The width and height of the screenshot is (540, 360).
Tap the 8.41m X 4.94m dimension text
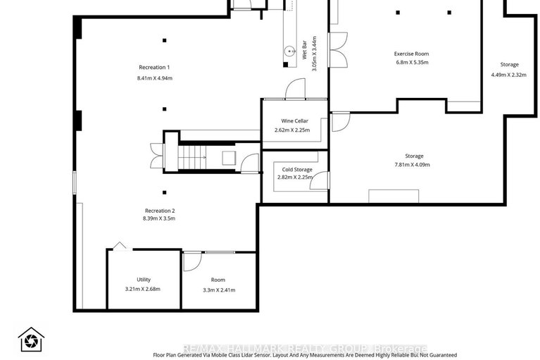155,77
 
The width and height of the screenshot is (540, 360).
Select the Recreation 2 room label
160,211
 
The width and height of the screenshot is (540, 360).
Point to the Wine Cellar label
295,120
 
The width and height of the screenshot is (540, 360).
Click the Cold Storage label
297,170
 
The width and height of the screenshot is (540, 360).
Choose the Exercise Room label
411,54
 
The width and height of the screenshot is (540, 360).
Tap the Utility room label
144,280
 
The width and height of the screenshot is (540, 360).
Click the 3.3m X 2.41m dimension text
218,290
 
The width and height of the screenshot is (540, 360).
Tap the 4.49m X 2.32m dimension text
509,75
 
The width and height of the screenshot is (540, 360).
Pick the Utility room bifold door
119,247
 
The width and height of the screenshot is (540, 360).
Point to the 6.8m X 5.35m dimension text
411,63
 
